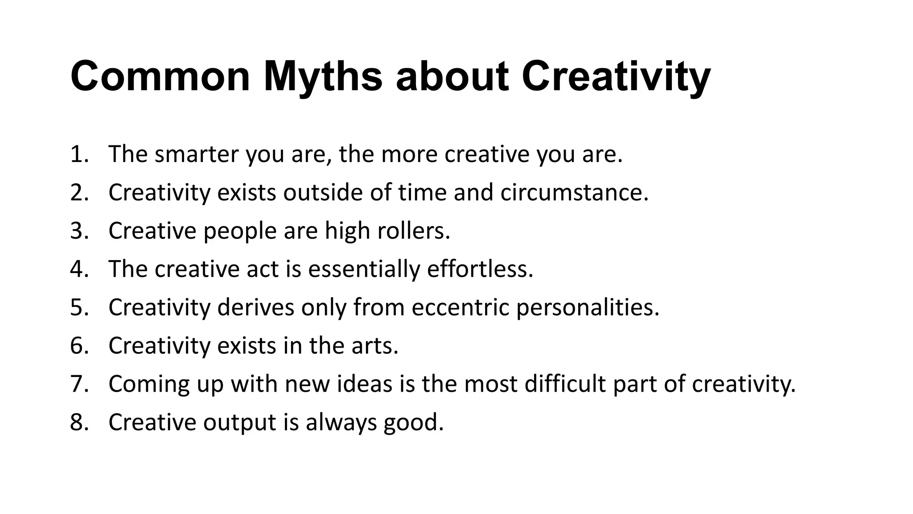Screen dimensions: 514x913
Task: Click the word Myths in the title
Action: (323, 77)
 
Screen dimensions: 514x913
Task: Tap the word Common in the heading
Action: (160, 77)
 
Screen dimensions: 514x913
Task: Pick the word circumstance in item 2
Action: (574, 193)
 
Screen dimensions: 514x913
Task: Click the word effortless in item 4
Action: (480, 269)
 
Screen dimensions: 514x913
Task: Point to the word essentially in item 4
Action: (364, 269)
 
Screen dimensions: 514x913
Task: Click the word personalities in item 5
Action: (588, 308)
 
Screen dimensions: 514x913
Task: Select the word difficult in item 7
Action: (565, 384)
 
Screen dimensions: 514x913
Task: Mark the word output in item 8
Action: (239, 423)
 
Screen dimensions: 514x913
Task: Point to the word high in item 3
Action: (347, 231)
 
